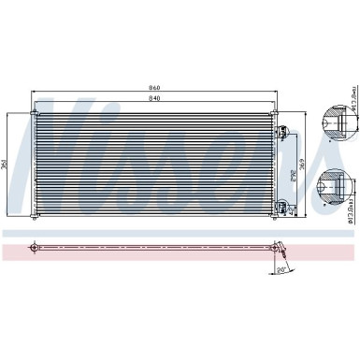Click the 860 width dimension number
coord(153,89)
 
